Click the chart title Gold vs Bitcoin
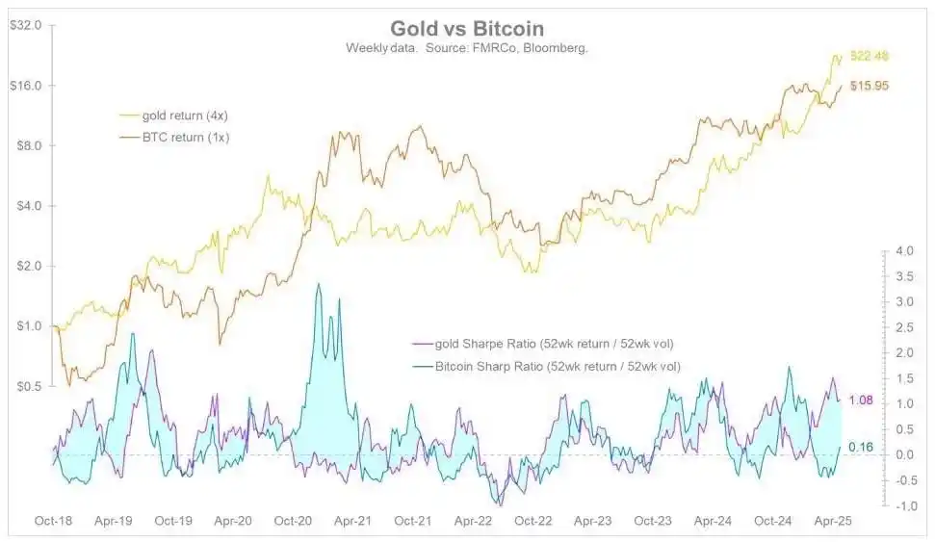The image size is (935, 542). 467,29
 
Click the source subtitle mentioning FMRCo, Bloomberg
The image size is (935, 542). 467,48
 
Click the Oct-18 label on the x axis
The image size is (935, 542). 53,521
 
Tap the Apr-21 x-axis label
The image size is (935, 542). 352,521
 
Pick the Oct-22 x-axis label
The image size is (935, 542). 532,521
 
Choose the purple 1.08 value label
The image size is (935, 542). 860,400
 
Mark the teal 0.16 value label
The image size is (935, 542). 860,447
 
